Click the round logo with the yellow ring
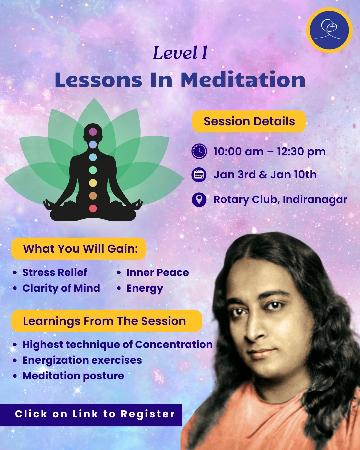[329, 30]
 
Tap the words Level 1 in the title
[180, 53]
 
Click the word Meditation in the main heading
[243, 80]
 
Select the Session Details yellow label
[249, 121]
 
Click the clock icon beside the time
[199, 151]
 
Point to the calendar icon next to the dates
[199, 175]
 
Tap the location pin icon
[199, 199]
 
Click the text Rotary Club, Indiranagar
[280, 199]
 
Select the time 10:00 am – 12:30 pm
[269, 152]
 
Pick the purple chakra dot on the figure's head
[93, 132]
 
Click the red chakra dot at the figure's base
[93, 209]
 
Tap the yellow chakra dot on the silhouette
[93, 183]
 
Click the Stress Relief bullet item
[55, 272]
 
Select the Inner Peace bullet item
[157, 272]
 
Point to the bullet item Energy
[145, 288]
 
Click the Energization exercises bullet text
[82, 360]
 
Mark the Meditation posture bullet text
[73, 376]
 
